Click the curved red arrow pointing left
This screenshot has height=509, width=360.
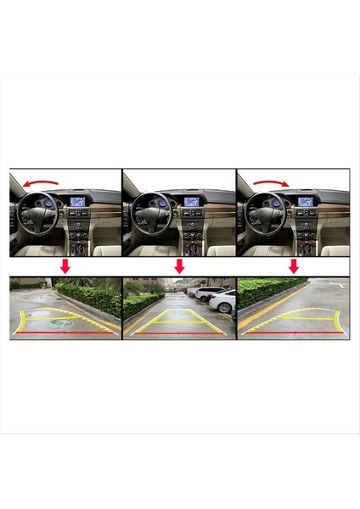click(x=41, y=181)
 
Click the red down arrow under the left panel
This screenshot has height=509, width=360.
click(x=65, y=266)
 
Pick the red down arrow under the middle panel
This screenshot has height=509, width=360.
click(x=179, y=266)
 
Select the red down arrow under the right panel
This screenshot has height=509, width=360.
click(x=294, y=266)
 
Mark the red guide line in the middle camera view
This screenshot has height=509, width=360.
click(x=179, y=333)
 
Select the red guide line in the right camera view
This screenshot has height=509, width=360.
click(x=294, y=333)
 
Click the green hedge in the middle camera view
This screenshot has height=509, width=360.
click(x=141, y=303)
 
